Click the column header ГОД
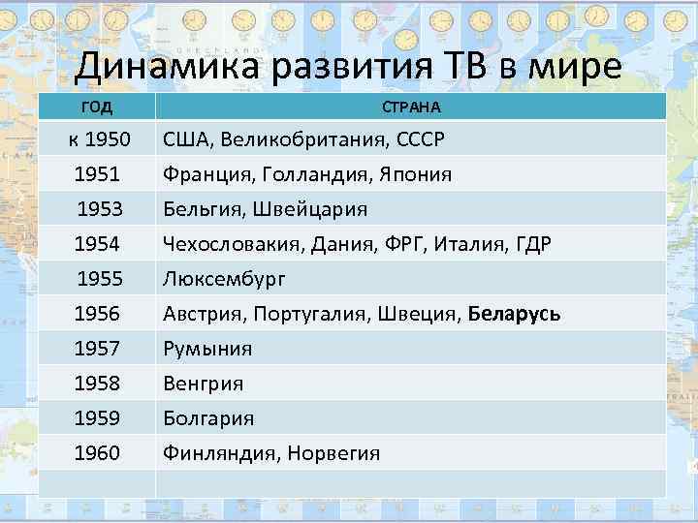click(97, 106)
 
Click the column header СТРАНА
click(411, 106)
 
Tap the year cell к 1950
click(100, 139)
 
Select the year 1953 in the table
click(100, 209)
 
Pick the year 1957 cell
click(97, 349)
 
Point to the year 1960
click(97, 453)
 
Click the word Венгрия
click(203, 385)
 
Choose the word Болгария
click(208, 419)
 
